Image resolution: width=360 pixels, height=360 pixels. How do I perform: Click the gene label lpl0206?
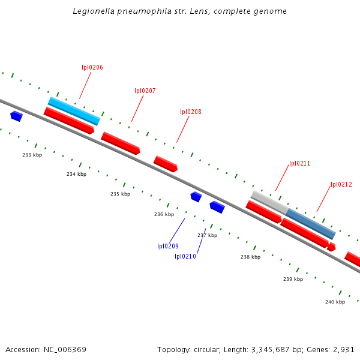coord(92,67)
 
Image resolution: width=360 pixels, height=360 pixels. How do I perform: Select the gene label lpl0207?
coord(145,91)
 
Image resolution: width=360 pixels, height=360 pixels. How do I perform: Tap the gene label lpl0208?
coord(191,112)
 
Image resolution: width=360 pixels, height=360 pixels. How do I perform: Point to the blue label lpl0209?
coord(168,246)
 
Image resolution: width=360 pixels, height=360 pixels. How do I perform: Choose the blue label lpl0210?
coord(185,256)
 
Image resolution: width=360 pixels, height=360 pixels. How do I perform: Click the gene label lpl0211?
coord(299,163)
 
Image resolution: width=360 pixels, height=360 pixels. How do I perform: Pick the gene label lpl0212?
coord(341,185)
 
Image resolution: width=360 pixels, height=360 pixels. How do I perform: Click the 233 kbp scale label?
coord(32,155)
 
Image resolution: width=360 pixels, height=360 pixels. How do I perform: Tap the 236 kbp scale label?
coord(164,214)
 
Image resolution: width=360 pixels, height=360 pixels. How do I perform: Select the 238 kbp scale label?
coord(251,257)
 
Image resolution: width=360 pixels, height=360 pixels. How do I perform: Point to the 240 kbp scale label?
coord(335,302)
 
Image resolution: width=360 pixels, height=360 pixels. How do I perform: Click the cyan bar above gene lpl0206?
coord(74,111)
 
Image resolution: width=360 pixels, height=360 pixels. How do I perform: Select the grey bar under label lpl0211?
coord(269,202)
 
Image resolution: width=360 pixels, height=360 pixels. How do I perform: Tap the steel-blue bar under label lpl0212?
coord(310,224)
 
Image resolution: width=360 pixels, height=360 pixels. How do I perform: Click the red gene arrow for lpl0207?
coord(121,143)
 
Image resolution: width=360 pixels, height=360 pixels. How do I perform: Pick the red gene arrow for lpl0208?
coord(166,164)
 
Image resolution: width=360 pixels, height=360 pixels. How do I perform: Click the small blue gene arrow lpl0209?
coord(196,196)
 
